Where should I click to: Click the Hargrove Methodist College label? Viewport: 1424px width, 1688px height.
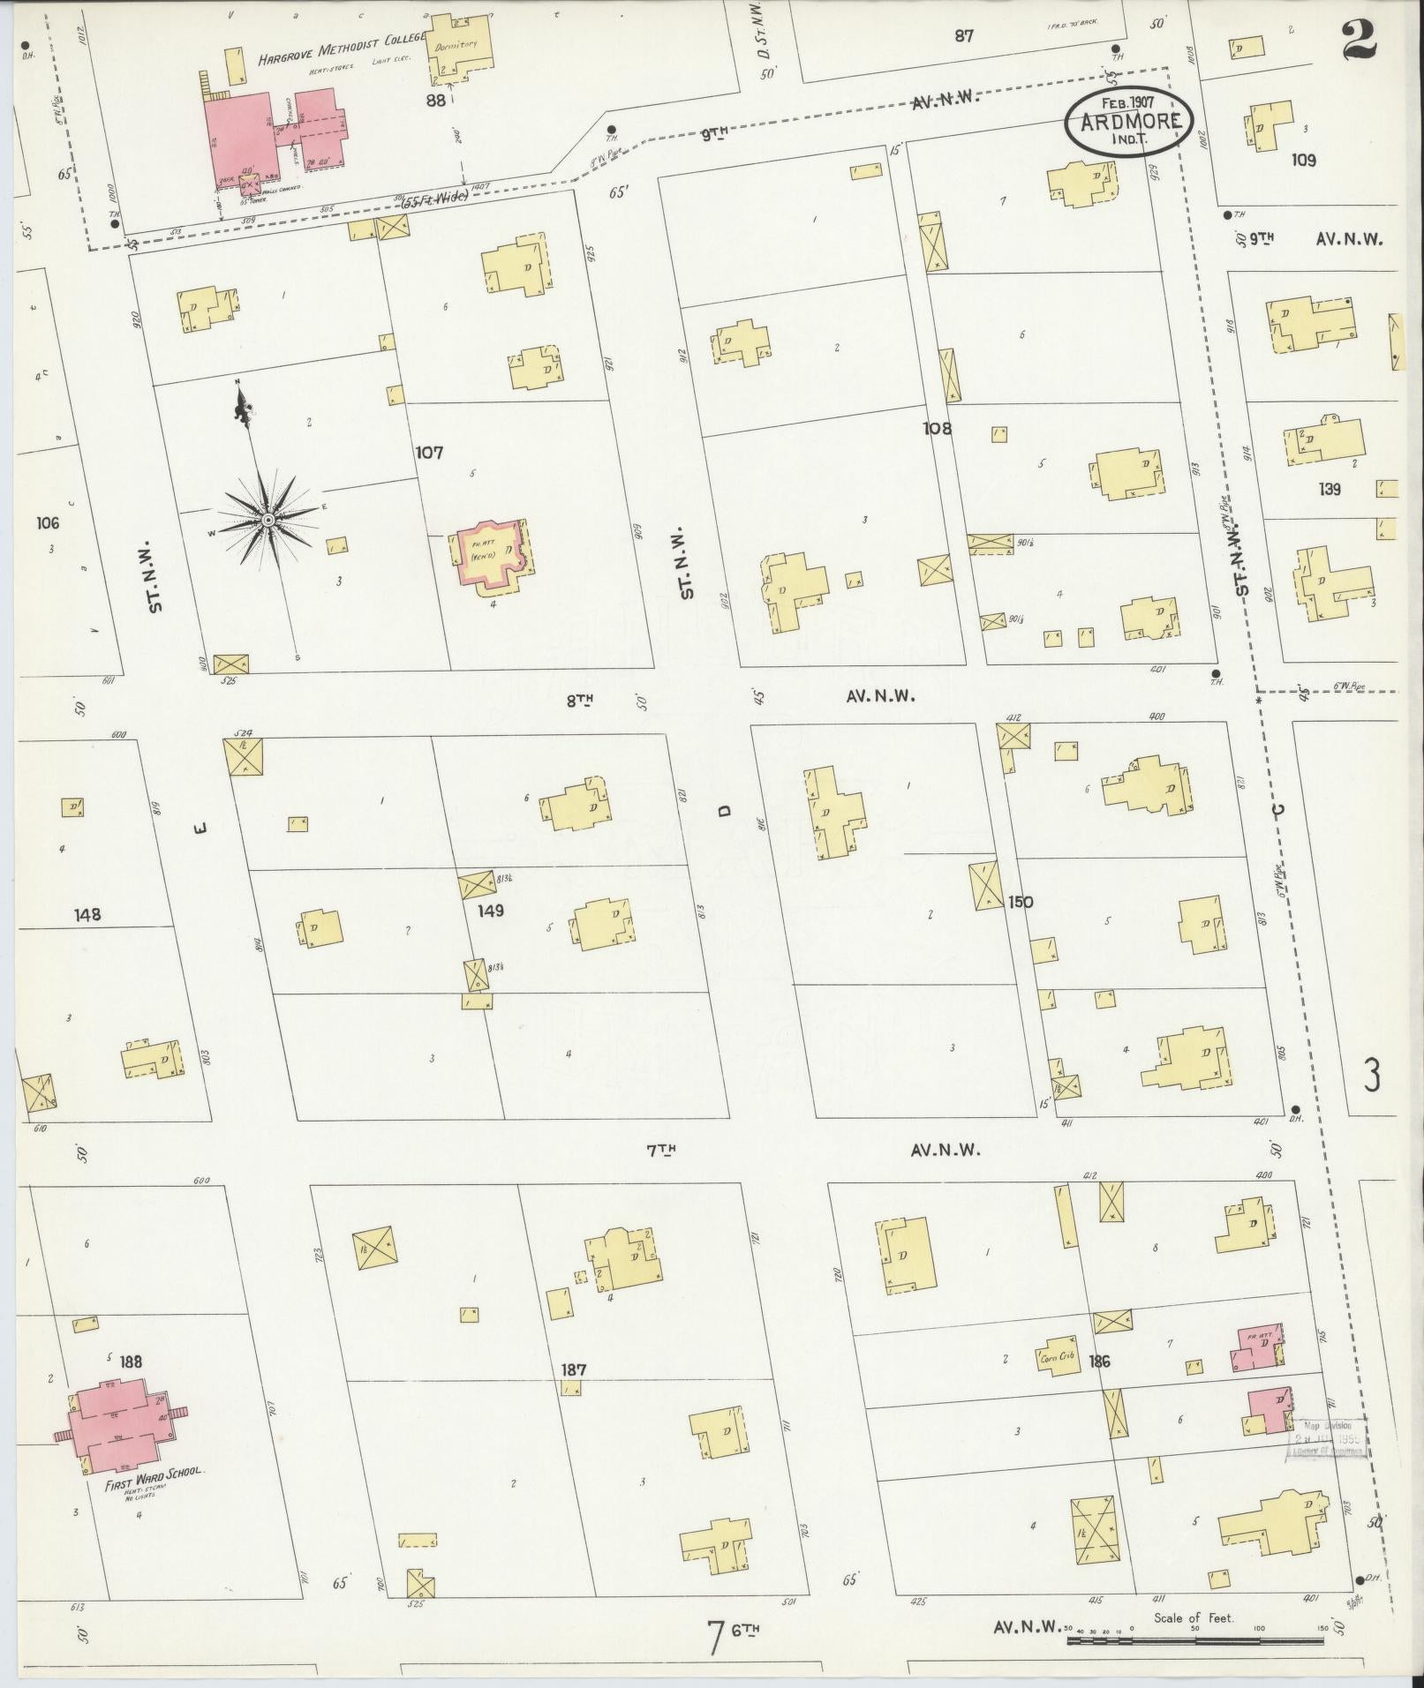point(341,57)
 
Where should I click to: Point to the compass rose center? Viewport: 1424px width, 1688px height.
point(267,521)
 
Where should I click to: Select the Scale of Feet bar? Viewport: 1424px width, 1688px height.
point(1196,1640)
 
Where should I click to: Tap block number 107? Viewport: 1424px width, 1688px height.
point(429,453)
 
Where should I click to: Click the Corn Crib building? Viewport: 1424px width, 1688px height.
point(1058,1357)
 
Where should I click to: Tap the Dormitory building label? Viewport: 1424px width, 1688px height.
point(457,44)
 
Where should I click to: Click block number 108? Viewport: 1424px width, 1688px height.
point(937,429)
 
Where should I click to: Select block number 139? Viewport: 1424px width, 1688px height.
point(1329,488)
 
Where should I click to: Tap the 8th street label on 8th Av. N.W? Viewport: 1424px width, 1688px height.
point(579,699)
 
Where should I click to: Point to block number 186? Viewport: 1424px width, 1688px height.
point(1099,1362)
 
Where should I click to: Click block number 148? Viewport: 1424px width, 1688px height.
point(87,914)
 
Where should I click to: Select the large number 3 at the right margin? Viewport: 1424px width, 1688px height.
point(1372,1076)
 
